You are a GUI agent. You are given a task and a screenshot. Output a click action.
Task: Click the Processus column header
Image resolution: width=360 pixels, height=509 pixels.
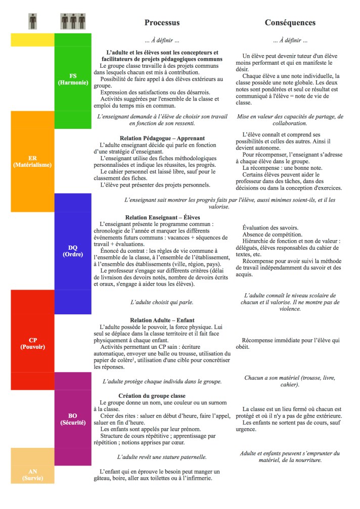[162, 23]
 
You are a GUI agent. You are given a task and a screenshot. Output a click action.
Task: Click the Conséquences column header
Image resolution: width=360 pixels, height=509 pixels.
[290, 23]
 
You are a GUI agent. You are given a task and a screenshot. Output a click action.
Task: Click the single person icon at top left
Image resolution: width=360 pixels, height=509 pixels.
[32, 22]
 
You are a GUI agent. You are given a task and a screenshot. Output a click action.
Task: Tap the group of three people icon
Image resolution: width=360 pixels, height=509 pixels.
[72, 22]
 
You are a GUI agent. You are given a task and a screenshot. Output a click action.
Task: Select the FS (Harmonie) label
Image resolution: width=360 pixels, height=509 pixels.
[72, 79]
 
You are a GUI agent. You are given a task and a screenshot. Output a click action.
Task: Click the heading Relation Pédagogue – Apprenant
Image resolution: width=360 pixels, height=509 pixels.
[162, 137]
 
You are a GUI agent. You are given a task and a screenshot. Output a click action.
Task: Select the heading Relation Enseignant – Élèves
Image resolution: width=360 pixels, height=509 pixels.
[162, 216]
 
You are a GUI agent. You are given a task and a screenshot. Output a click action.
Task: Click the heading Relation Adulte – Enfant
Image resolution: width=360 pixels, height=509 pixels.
[162, 320]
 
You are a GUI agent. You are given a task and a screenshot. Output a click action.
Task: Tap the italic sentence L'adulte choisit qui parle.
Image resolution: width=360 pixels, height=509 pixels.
[162, 301]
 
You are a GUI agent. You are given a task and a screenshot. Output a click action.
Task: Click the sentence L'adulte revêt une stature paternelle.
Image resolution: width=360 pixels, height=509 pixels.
[162, 457]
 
